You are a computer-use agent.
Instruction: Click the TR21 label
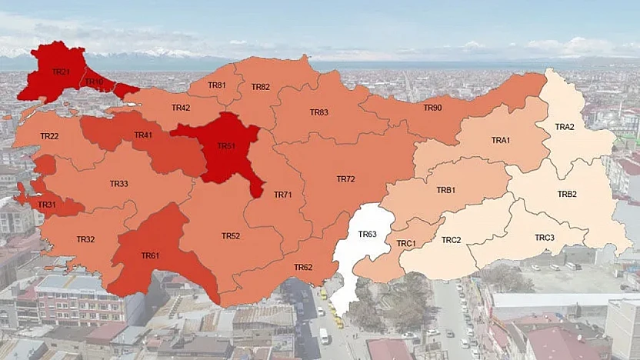pos(61,72)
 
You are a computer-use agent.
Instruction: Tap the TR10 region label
pos(95,82)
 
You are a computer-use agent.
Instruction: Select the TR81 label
pos(217,85)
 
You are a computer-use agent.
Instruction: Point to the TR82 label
pos(260,87)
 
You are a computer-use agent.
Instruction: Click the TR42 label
pos(181,108)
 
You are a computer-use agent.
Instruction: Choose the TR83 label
pos(319,112)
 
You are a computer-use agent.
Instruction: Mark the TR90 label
pos(432,108)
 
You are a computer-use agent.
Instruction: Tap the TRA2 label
pos(565,127)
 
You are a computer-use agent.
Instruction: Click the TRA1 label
pos(501,140)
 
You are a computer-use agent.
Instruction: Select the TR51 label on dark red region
pos(226,145)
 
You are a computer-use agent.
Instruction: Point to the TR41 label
pos(143,135)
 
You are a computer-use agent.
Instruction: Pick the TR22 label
pos(49,136)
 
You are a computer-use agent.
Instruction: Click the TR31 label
pos(47,205)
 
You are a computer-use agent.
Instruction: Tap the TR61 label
pos(150,255)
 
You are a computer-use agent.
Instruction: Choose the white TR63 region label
pos(367,234)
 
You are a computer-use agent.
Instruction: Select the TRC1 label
pos(406,244)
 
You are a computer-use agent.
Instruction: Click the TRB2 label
pos(567,194)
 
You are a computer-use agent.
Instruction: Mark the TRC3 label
pos(545,238)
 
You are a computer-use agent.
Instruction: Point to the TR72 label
pos(345,179)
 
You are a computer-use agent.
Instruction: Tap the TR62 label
pos(303,267)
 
